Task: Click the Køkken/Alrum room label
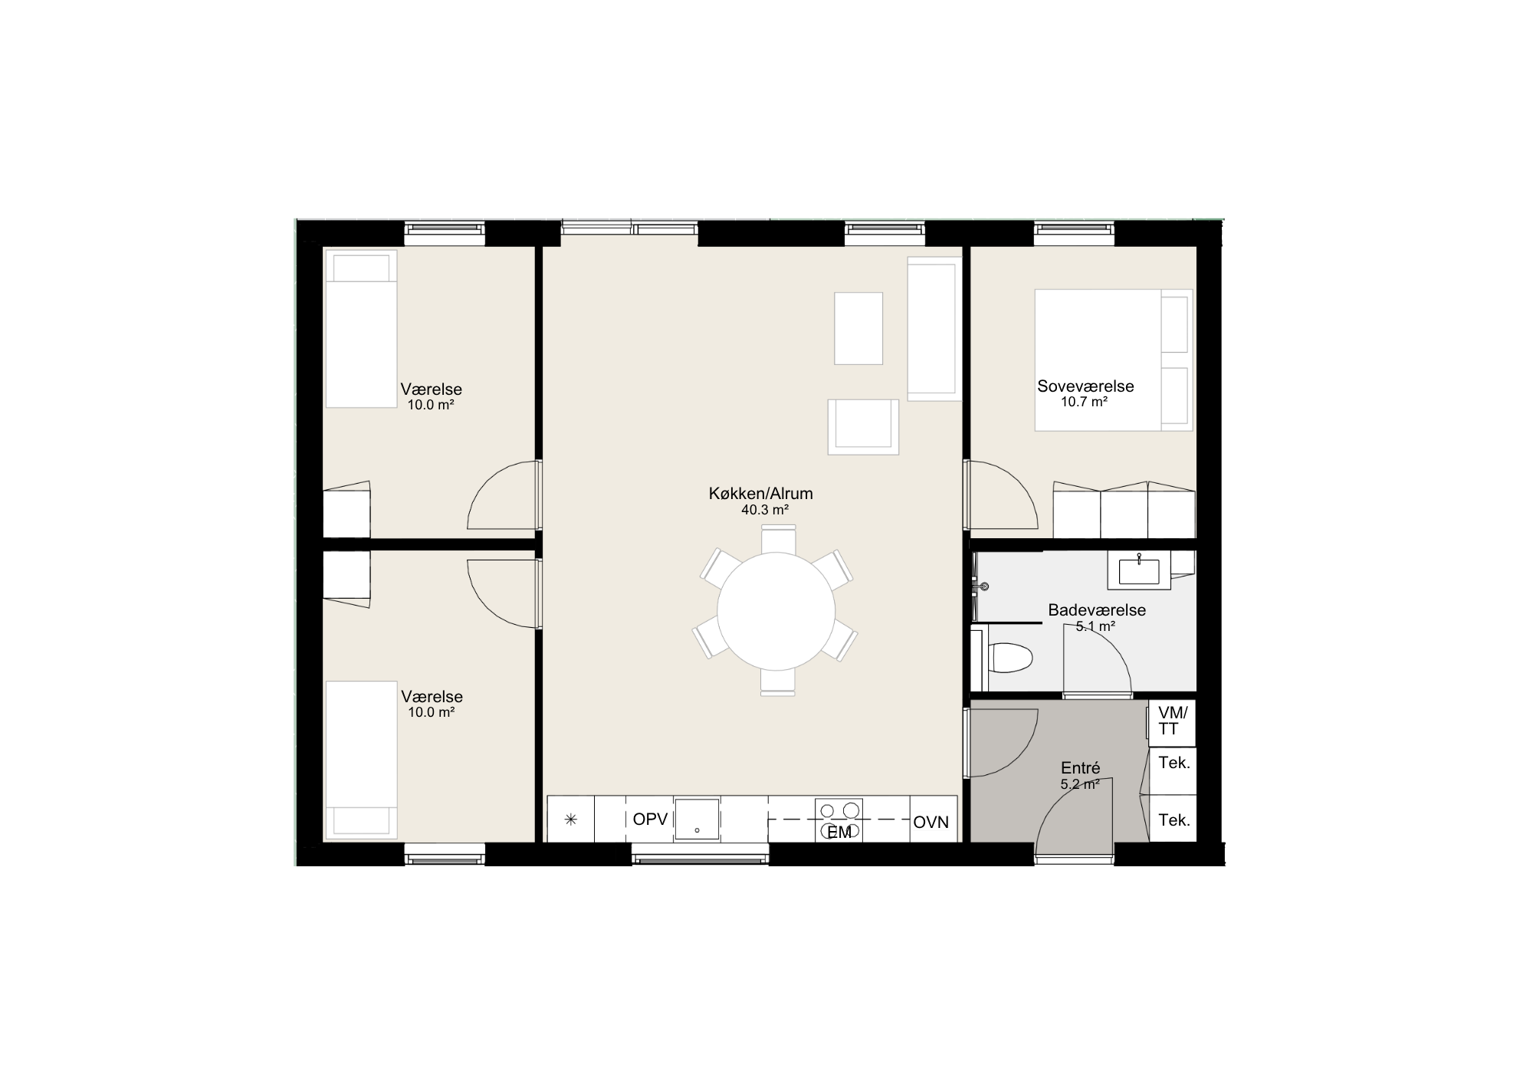tap(760, 494)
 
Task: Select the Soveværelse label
tap(1085, 386)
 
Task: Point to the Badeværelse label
tap(1097, 610)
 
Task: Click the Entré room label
tap(1080, 768)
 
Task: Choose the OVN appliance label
tap(931, 823)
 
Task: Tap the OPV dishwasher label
tap(651, 820)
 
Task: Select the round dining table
tap(776, 610)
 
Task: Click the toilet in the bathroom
tap(1010, 658)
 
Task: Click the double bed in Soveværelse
tap(1113, 360)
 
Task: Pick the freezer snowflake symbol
tap(570, 820)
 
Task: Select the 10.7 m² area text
tap(1084, 402)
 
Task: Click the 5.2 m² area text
tap(1080, 784)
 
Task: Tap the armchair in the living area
tap(863, 427)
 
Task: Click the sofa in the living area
tap(934, 328)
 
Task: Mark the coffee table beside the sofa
tap(858, 328)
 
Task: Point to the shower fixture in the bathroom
tap(981, 586)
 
